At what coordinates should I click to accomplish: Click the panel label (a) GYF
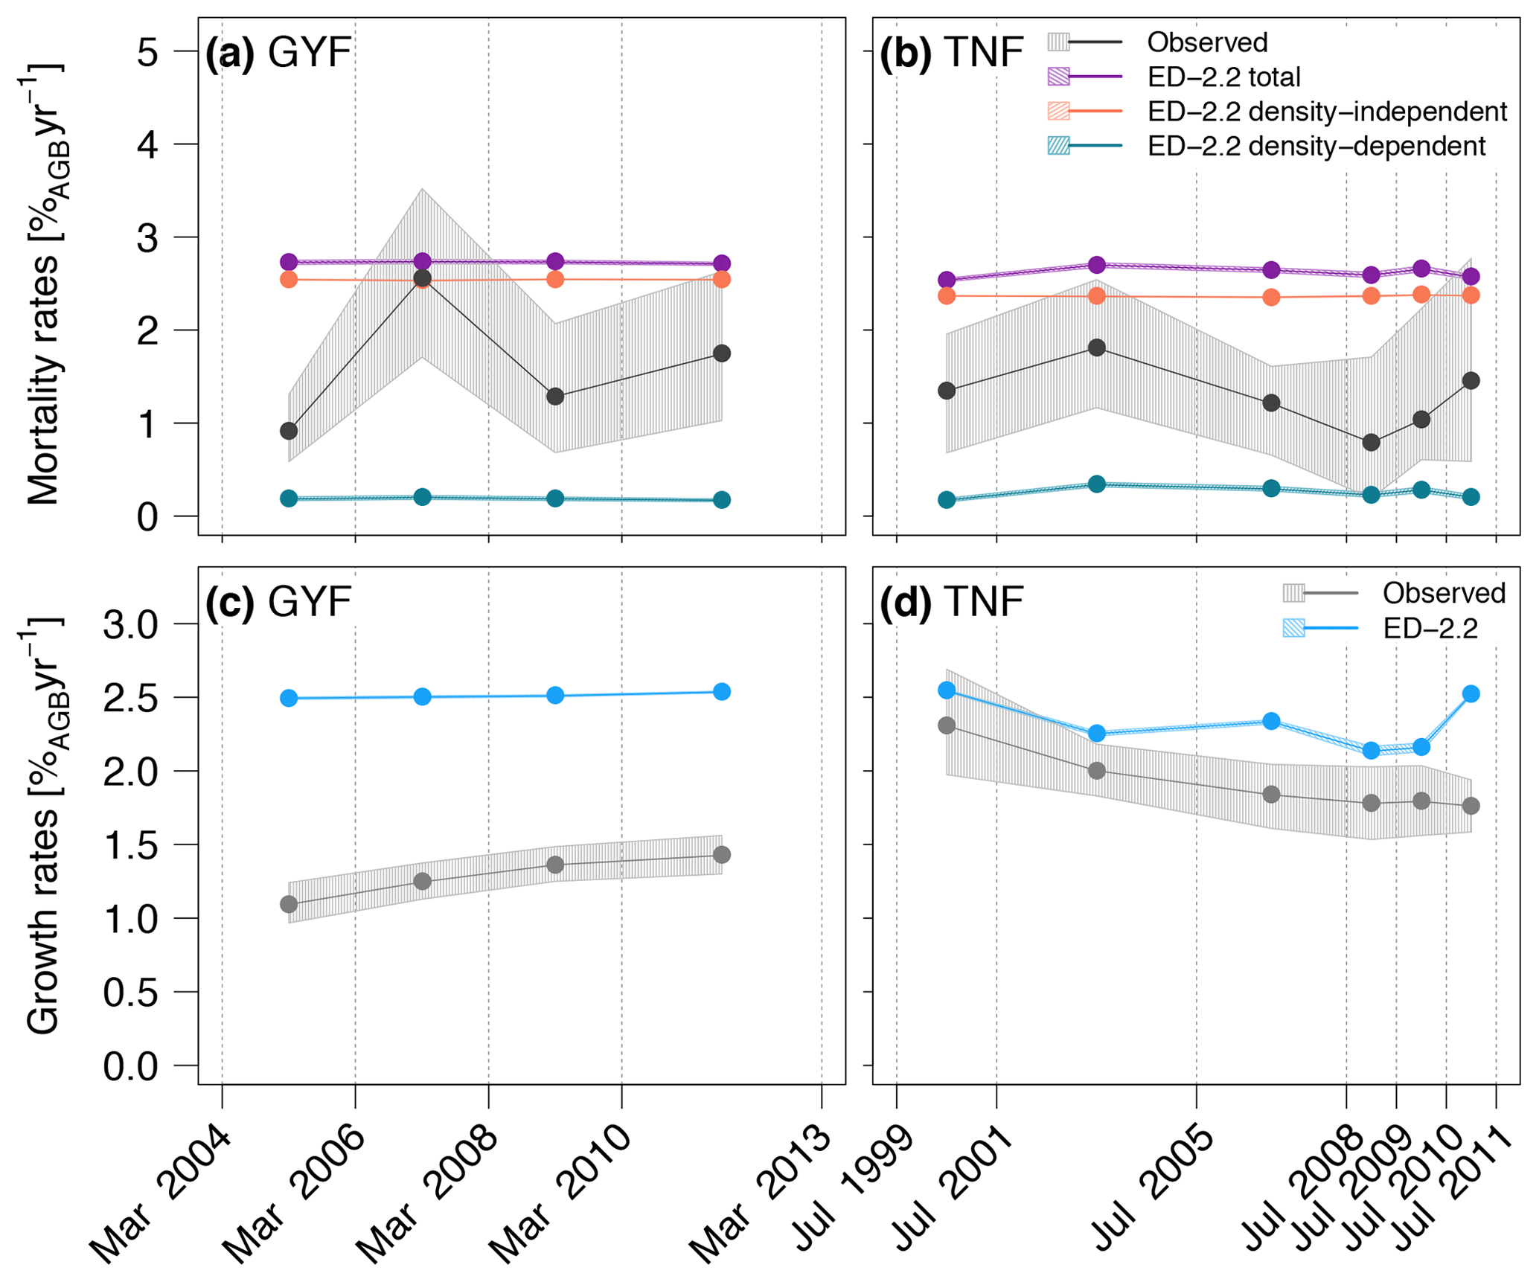coord(278,54)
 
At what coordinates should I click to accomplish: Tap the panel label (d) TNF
coord(951,602)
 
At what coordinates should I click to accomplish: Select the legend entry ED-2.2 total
coord(1223,77)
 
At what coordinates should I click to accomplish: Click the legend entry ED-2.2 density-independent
coord(1327,112)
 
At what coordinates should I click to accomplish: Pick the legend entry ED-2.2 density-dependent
coord(1316,146)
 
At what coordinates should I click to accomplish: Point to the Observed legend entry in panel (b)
coord(1206,42)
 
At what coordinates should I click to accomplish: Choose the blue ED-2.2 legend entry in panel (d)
coord(1430,629)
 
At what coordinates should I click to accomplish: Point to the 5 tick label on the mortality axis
coord(147,52)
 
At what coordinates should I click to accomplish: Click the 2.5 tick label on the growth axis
coord(131,698)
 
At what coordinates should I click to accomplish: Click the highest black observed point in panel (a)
coord(422,278)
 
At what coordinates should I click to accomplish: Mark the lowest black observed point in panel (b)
coord(1371,443)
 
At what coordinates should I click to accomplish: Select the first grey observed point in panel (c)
coord(289,904)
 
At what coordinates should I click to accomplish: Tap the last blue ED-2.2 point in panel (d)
coord(1471,693)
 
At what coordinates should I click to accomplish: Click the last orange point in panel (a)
coord(721,280)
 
